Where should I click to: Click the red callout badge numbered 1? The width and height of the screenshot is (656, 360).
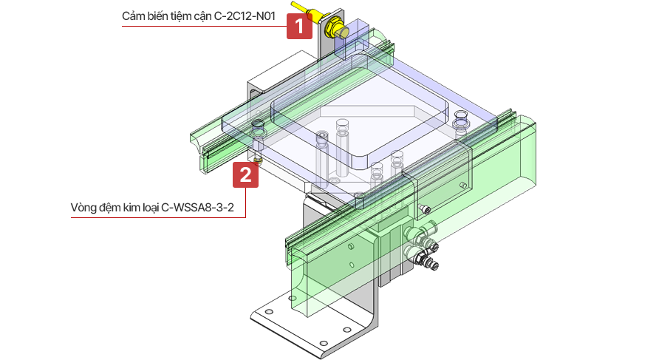(299, 27)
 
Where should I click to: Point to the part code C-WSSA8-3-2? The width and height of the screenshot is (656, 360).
(198, 207)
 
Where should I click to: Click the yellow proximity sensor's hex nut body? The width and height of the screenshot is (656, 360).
(335, 29)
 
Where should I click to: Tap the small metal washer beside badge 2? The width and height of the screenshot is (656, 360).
(256, 159)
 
